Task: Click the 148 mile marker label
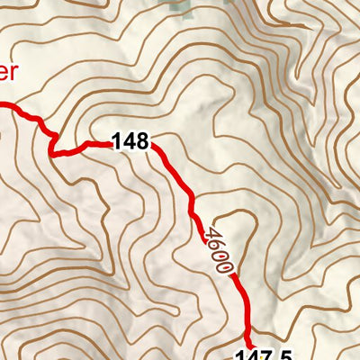(131, 141)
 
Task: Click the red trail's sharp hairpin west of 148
(52, 153)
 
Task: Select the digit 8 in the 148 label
(143, 141)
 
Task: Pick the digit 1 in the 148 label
(118, 141)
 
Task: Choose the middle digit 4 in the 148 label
(130, 141)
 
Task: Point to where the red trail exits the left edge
(2, 105)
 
